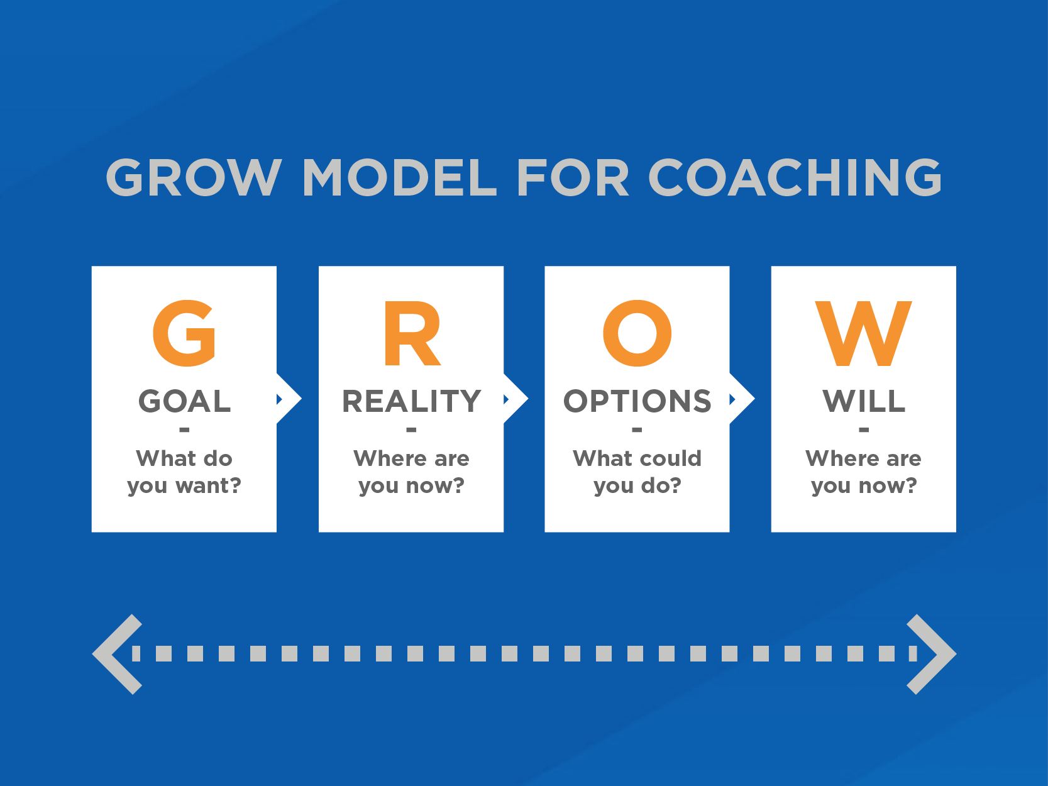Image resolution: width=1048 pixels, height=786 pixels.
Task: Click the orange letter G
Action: [185, 333]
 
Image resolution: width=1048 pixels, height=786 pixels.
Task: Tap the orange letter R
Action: [412, 333]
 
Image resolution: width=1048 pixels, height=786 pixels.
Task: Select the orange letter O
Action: [637, 333]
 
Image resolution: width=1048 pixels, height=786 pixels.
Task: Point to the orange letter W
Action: [864, 333]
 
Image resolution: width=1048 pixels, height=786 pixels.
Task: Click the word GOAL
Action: [185, 401]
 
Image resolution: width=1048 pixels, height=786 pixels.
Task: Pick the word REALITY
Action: [412, 401]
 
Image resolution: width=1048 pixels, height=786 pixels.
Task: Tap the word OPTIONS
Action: [637, 401]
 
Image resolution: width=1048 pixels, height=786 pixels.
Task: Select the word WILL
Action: [864, 401]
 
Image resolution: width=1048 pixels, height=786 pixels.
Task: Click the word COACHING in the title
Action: [795, 177]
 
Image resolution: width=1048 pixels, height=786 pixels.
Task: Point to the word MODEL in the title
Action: [400, 177]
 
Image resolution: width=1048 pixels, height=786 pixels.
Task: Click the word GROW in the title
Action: [194, 177]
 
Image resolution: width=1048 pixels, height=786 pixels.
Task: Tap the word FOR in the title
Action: [573, 177]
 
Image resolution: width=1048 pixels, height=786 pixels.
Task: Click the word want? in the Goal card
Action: [209, 485]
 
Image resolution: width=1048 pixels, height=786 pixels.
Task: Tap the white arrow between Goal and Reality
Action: [289, 399]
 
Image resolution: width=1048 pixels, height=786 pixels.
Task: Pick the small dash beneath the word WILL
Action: [864, 429]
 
